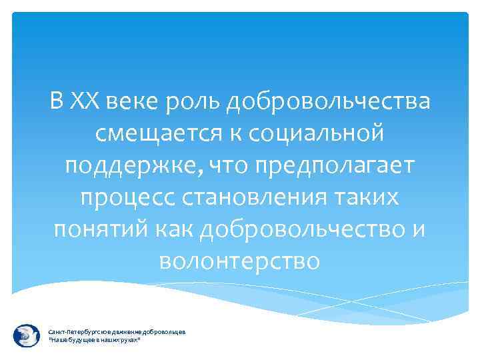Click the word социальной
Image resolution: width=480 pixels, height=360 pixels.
[x=317, y=134]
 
